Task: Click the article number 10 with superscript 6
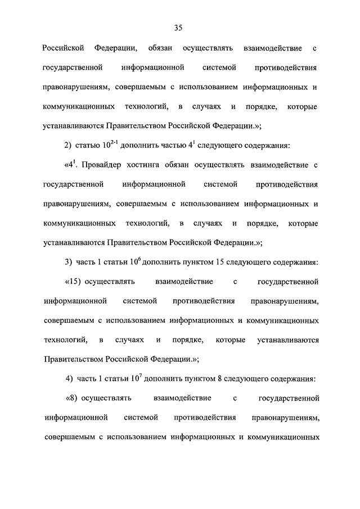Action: pos(135,262)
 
